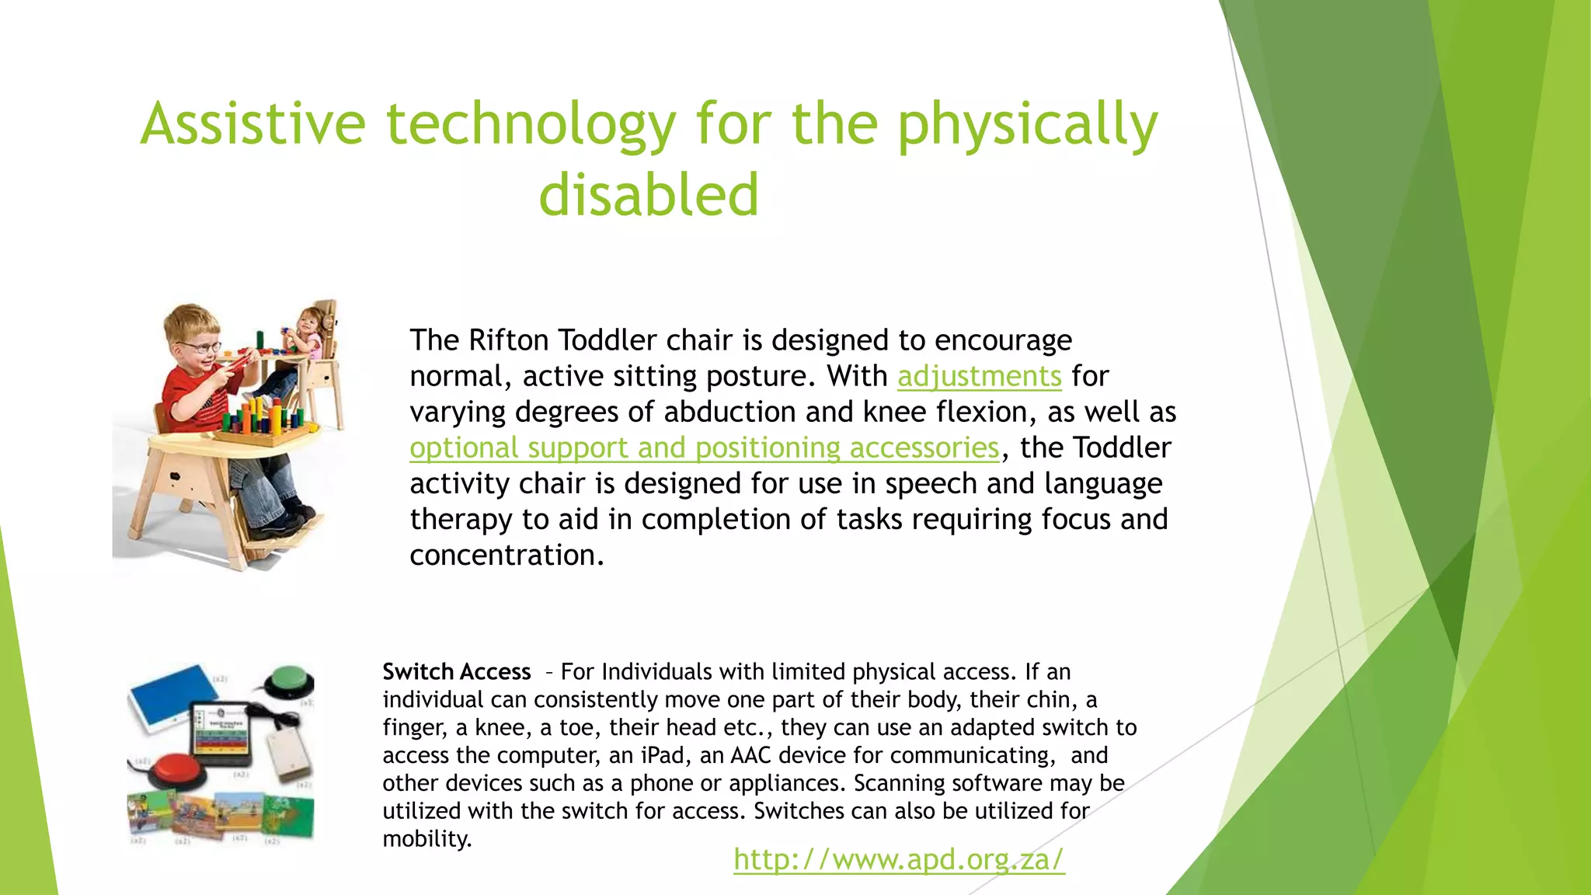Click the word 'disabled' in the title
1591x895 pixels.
(649, 194)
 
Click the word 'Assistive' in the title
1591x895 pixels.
(253, 124)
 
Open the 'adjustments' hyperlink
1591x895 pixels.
(979, 376)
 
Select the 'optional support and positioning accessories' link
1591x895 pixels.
(704, 447)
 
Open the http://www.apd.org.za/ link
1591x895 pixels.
(899, 859)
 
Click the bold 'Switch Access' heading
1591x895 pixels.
(456, 671)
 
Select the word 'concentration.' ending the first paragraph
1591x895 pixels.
(507, 555)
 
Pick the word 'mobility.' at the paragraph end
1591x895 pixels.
(427, 839)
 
